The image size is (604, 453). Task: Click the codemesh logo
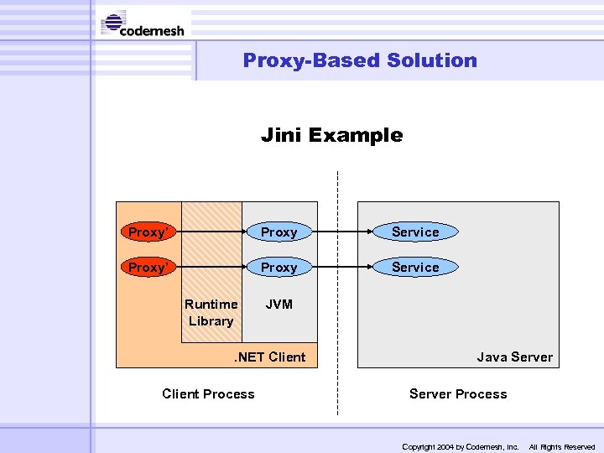point(143,24)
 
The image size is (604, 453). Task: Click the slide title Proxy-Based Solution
point(360,60)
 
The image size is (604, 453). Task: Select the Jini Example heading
point(331,135)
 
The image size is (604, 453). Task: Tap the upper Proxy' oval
point(146,232)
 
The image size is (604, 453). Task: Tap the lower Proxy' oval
point(146,267)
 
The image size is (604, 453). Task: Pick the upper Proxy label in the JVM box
point(279,232)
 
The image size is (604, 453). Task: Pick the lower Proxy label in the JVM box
point(279,268)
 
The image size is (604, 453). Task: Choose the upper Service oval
point(415,232)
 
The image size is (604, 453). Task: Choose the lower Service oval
point(415,267)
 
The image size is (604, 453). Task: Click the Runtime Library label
point(211,312)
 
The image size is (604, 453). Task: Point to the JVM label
point(279,305)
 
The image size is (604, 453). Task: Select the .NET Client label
point(268,357)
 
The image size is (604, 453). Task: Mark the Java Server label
point(514,357)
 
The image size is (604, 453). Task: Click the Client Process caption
point(208,394)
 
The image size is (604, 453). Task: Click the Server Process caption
point(458,394)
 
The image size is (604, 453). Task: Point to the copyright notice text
point(461,447)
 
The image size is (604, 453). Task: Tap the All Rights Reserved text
point(561,447)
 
